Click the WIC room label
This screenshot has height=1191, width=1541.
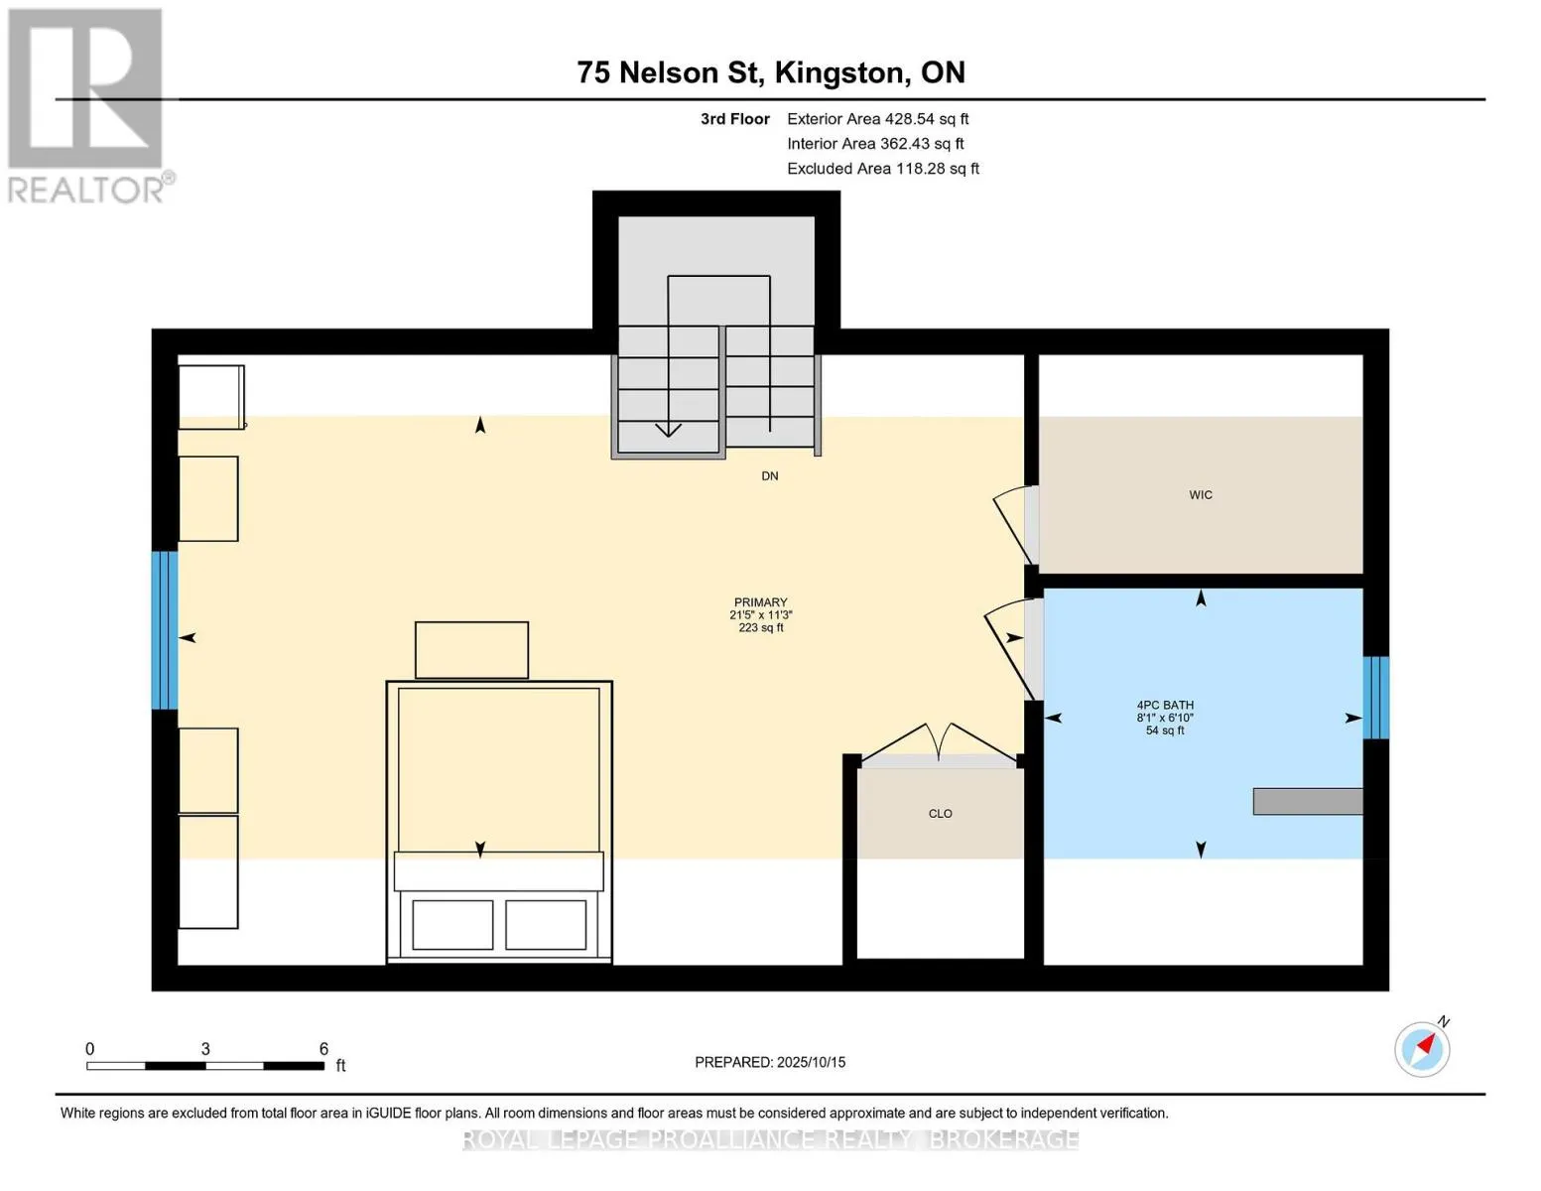pyautogui.click(x=1200, y=495)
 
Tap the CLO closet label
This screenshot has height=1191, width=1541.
pyautogui.click(x=940, y=814)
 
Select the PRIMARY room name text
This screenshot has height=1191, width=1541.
pyautogui.click(x=760, y=602)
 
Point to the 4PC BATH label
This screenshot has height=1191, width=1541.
pyautogui.click(x=1165, y=705)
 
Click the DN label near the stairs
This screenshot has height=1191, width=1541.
pyautogui.click(x=769, y=476)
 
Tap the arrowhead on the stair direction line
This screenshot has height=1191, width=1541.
pyautogui.click(x=668, y=430)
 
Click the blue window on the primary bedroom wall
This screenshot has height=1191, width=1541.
pyautogui.click(x=165, y=630)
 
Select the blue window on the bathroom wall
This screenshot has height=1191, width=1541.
pyautogui.click(x=1375, y=698)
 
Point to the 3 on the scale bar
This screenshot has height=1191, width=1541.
pyautogui.click(x=205, y=1048)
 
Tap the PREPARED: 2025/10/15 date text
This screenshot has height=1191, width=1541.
pyautogui.click(x=769, y=1062)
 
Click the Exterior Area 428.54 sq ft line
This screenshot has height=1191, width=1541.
pyautogui.click(x=877, y=119)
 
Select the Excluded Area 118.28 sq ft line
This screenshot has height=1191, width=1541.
pyautogui.click(x=883, y=169)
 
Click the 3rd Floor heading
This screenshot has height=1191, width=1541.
pyautogui.click(x=734, y=119)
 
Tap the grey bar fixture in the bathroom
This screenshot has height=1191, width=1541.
pyautogui.click(x=1308, y=801)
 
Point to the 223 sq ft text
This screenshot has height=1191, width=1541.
pyautogui.click(x=760, y=628)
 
